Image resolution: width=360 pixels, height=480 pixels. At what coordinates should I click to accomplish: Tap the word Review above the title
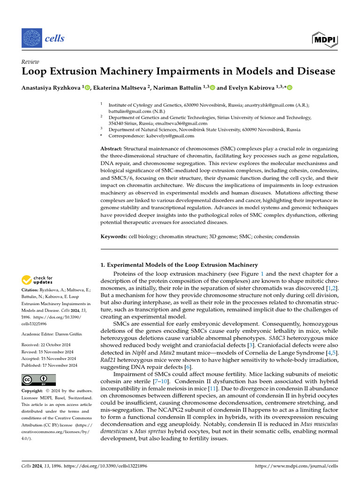30,61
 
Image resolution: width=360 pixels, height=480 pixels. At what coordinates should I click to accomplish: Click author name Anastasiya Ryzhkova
52,87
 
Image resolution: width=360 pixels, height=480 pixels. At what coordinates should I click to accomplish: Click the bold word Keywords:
114,237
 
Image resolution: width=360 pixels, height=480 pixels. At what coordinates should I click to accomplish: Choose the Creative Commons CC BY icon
38,380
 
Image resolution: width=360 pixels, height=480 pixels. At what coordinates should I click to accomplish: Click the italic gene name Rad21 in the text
109,360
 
